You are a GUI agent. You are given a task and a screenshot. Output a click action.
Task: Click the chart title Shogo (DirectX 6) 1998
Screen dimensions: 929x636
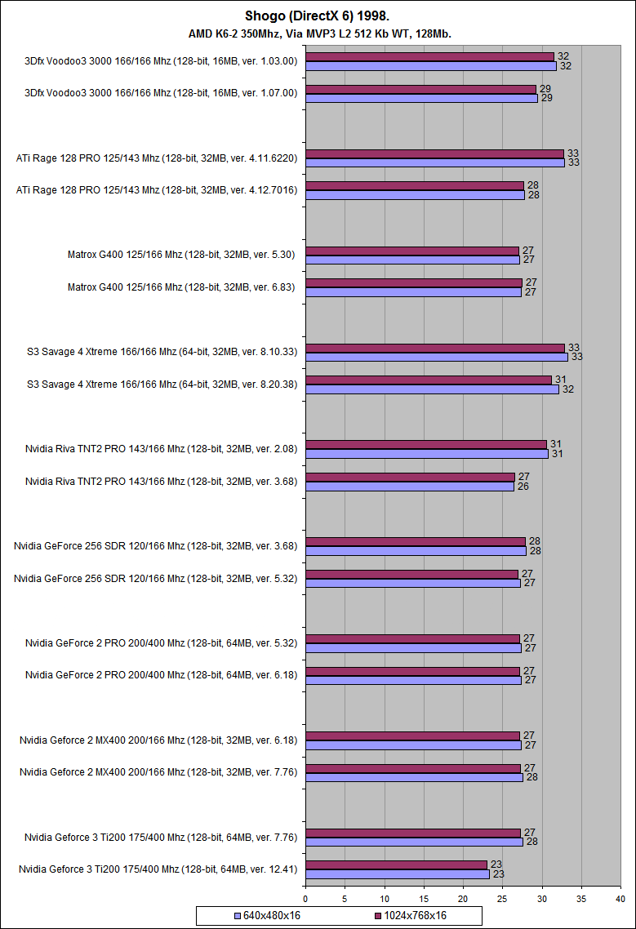[x=318, y=16]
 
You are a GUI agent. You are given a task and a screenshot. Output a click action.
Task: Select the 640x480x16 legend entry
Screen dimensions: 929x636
[x=267, y=915]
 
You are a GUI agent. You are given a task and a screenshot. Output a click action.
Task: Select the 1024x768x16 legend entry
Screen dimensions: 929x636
[x=411, y=915]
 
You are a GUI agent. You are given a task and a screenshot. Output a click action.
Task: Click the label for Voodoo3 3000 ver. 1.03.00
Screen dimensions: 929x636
[x=162, y=60]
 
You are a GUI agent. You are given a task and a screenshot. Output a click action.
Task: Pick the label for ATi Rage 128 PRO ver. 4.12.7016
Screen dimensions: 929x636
[x=157, y=190]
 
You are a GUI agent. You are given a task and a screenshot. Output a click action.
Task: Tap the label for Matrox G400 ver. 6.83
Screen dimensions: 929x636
[x=182, y=287]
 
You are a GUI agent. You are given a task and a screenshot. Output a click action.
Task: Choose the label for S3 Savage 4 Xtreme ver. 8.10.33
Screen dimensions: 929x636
[x=162, y=352]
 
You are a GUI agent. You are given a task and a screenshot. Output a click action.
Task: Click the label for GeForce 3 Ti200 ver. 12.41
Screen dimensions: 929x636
[x=158, y=869]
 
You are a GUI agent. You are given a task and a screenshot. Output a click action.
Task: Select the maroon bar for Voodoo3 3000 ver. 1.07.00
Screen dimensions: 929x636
[x=420, y=89]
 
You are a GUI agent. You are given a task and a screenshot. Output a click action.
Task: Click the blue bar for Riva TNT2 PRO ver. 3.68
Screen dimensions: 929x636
[x=409, y=487]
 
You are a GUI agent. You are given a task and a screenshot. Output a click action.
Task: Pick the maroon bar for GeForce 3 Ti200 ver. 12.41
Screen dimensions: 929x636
[x=396, y=865]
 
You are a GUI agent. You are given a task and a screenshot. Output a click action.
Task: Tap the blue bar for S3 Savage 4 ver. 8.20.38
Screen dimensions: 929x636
[x=432, y=389]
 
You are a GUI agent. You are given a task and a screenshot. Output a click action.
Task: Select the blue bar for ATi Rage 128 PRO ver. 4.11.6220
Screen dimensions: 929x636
[x=435, y=162]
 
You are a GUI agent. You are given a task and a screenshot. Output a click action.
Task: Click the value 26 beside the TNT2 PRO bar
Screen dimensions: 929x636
[x=524, y=487]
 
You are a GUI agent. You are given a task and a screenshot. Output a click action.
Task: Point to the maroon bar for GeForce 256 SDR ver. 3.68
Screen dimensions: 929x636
[x=416, y=541]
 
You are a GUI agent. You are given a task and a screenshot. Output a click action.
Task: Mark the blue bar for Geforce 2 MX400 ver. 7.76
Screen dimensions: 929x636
[x=414, y=777]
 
